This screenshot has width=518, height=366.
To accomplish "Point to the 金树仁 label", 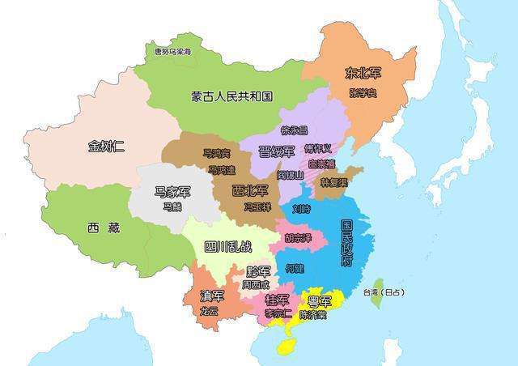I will [107, 147].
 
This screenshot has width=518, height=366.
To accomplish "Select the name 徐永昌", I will [295, 130].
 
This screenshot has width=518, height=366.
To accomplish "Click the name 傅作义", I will [318, 149].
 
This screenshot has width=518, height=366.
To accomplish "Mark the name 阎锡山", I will [290, 174].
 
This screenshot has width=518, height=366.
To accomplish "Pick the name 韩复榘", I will [330, 183].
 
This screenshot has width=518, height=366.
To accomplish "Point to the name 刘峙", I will [301, 208].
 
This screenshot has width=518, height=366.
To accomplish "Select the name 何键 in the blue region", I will [295, 267].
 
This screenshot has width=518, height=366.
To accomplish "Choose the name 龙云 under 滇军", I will [209, 310].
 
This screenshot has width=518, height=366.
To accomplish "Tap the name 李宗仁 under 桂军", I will [278, 313].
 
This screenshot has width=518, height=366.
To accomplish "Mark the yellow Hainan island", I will [284, 347].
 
